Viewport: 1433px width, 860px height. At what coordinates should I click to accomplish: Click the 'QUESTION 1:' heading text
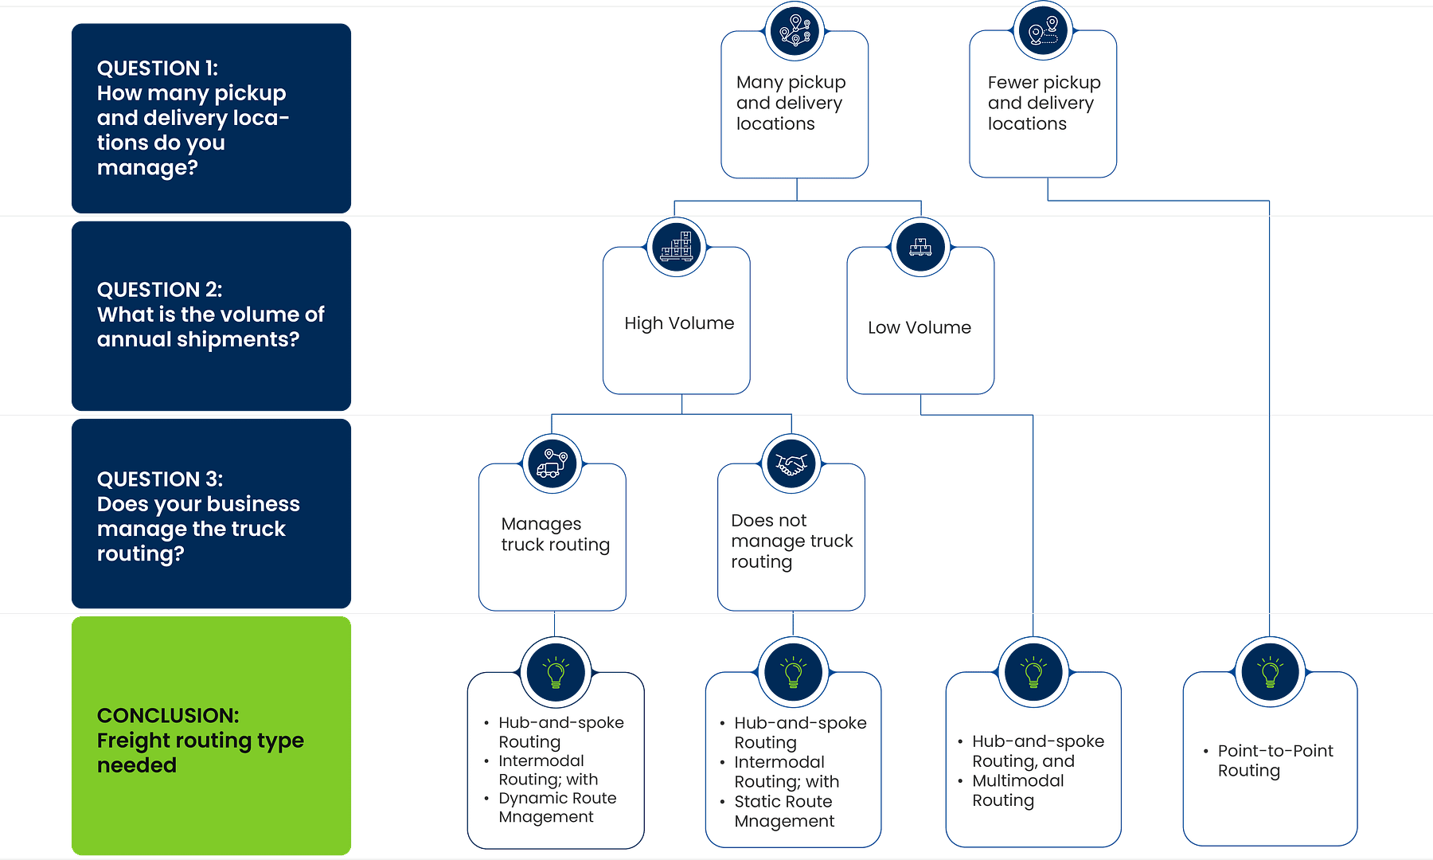[x=157, y=68]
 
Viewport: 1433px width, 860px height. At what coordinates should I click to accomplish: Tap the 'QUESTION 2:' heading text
[x=159, y=290]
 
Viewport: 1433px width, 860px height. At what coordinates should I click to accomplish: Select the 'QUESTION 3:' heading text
[x=159, y=479]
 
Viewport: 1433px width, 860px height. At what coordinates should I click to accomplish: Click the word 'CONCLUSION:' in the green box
[x=167, y=715]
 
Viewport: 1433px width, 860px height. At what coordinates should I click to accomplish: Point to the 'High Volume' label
[x=678, y=323]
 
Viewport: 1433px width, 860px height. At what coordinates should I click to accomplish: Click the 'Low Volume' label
[x=919, y=327]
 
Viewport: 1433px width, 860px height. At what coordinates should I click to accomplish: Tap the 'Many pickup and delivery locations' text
[x=790, y=103]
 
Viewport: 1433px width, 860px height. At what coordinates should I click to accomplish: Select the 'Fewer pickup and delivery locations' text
[x=1043, y=103]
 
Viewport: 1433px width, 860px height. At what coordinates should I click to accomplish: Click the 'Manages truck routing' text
[x=554, y=534]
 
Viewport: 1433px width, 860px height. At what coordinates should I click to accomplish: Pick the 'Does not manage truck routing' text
[x=791, y=541]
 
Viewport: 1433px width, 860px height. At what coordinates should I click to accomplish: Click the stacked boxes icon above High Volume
[x=677, y=247]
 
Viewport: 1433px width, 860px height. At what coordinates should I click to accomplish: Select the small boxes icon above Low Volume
[x=920, y=247]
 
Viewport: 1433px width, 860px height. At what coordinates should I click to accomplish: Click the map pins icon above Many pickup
[x=795, y=30]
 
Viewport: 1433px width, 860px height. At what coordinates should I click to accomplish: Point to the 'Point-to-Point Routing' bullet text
[x=1274, y=760]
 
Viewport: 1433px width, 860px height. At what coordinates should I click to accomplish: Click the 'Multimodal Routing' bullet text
[x=1017, y=791]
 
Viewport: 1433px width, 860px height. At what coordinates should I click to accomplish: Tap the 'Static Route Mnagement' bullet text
[x=783, y=811]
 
